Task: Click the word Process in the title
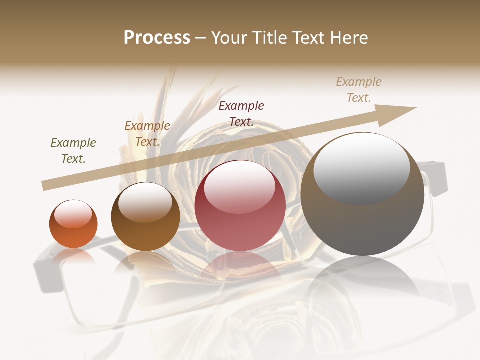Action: [x=157, y=38]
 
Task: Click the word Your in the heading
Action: [x=228, y=38]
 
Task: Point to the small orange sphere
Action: [x=73, y=224]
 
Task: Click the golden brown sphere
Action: [x=145, y=217]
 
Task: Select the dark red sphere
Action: [x=240, y=205]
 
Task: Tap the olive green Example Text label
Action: [x=73, y=151]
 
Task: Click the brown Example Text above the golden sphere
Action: [x=147, y=134]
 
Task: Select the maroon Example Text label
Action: [x=241, y=113]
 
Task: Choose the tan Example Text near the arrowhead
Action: [x=359, y=90]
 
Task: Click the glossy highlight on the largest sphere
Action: [x=361, y=167]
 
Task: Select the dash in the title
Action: [x=201, y=38]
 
